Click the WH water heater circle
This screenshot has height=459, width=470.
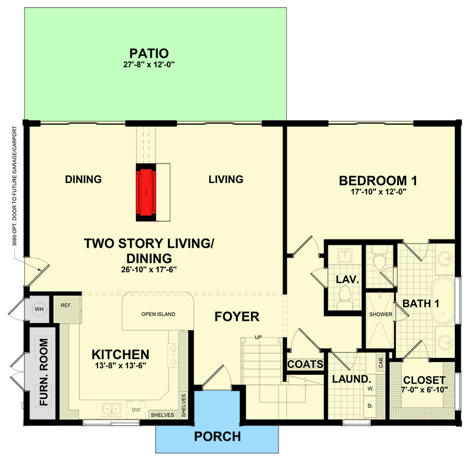pos(40,308)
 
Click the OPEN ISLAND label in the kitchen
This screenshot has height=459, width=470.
pos(158,314)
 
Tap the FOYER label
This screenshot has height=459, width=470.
pos(237,317)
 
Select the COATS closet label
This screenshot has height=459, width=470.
pos(305,365)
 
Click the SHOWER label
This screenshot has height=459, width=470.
pos(380,314)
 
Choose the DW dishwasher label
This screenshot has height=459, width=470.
pos(136,409)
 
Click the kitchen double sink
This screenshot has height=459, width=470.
pos(110,408)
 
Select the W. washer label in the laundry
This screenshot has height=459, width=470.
pos(371,389)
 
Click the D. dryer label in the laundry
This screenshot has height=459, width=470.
pos(371,406)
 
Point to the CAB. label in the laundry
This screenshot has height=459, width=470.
pos(381,360)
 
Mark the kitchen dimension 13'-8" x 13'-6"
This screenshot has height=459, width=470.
pos(120,367)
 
